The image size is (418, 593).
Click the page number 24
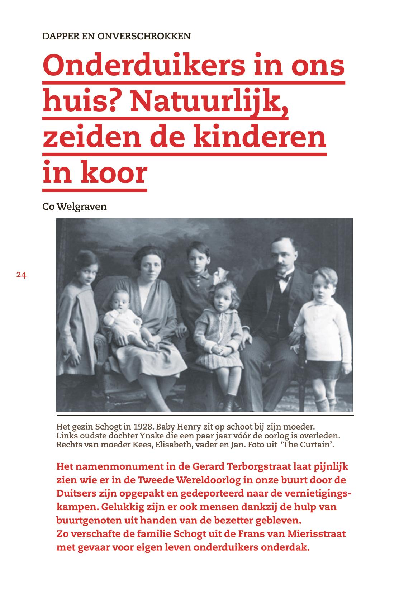coord(21,275)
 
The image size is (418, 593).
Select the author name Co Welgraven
coord(75,207)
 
